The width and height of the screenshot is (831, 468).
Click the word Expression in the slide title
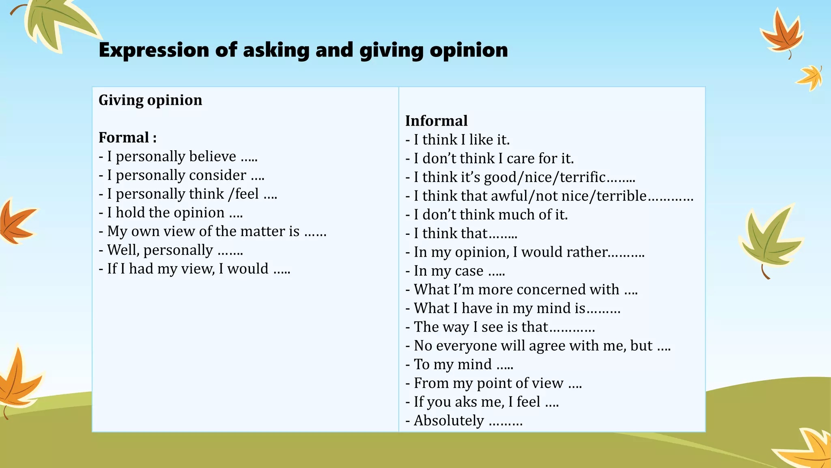[154, 50]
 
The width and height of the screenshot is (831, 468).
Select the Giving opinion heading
[150, 100]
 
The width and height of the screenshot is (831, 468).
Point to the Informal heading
[436, 121]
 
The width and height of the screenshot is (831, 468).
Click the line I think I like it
[461, 140]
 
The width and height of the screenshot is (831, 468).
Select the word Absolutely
[449, 420]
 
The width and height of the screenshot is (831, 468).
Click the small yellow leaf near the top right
[810, 77]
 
